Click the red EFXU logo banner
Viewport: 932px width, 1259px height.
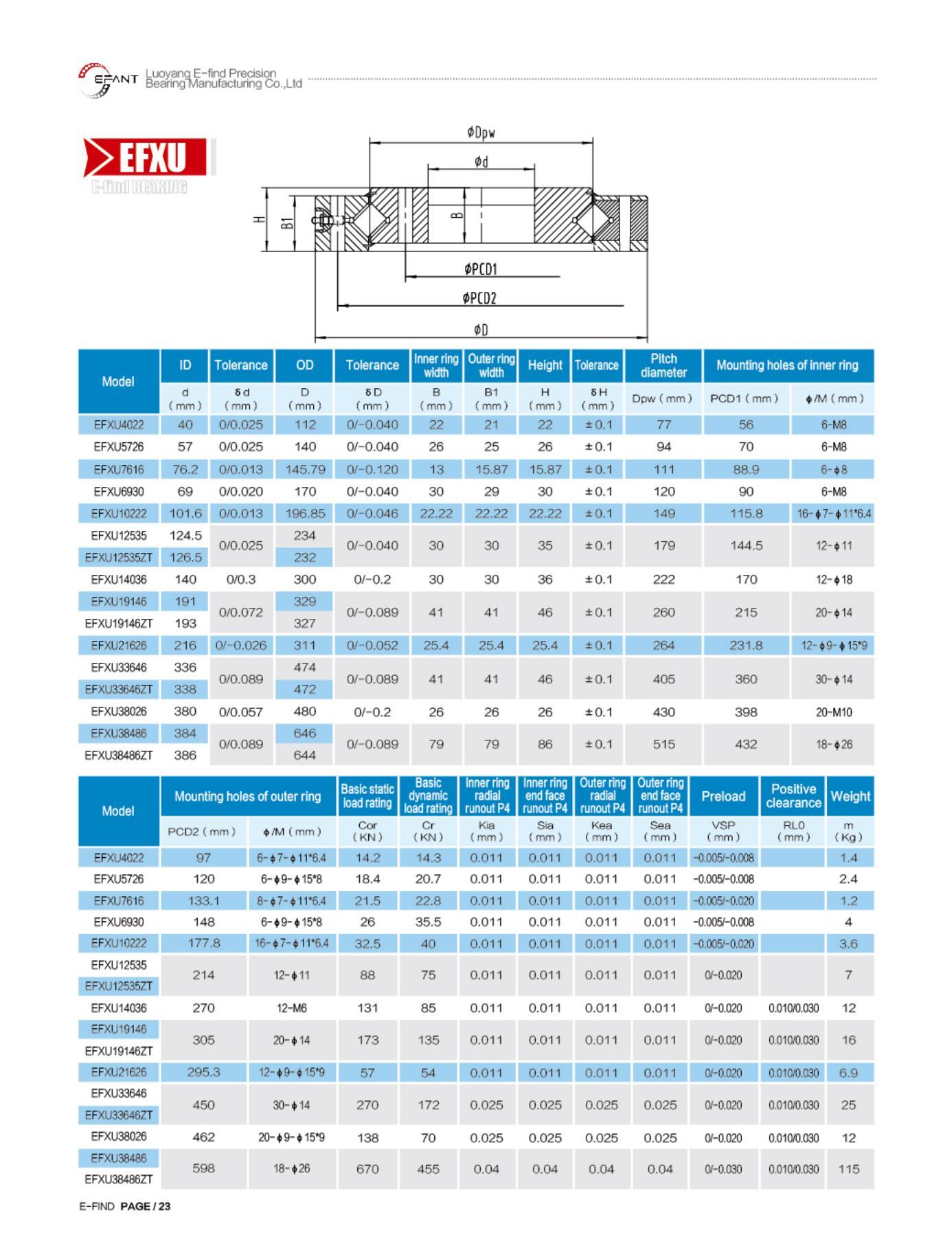(x=146, y=157)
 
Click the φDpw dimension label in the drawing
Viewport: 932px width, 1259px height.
(x=481, y=133)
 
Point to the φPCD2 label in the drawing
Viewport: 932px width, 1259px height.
(x=479, y=298)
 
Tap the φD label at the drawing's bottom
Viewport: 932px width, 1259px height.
(x=481, y=330)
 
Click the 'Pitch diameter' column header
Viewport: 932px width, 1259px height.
(x=663, y=365)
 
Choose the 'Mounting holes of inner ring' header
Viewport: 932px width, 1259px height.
(x=787, y=365)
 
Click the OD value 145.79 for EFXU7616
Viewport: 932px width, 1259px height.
(x=304, y=470)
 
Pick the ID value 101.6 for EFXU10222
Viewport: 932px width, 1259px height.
(x=185, y=514)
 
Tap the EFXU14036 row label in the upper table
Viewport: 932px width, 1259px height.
(x=119, y=580)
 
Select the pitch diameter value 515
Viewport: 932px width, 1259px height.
(x=663, y=745)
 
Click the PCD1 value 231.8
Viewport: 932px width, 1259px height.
(x=746, y=646)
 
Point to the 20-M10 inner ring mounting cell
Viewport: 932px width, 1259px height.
(x=833, y=712)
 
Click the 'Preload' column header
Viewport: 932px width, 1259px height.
(x=723, y=796)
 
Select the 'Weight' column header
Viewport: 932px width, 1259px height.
(x=850, y=796)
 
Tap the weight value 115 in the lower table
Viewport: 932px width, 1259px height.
(x=849, y=1169)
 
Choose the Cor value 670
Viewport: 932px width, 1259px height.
(x=367, y=1169)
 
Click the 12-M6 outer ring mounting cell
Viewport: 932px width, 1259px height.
(x=291, y=1008)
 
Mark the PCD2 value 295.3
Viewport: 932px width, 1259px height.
(x=203, y=1073)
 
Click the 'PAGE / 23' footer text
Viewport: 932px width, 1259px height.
(x=145, y=1206)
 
